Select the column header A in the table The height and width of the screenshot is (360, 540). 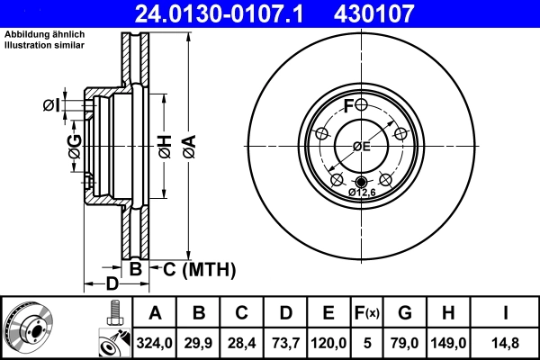pyautogui.click(x=156, y=313)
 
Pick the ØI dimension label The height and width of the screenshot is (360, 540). pyautogui.click(x=51, y=106)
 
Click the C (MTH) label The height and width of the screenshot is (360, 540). pyautogui.click(x=199, y=268)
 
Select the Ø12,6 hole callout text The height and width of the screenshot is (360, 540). pyautogui.click(x=362, y=192)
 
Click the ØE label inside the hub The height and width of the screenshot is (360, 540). pyautogui.click(x=362, y=146)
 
